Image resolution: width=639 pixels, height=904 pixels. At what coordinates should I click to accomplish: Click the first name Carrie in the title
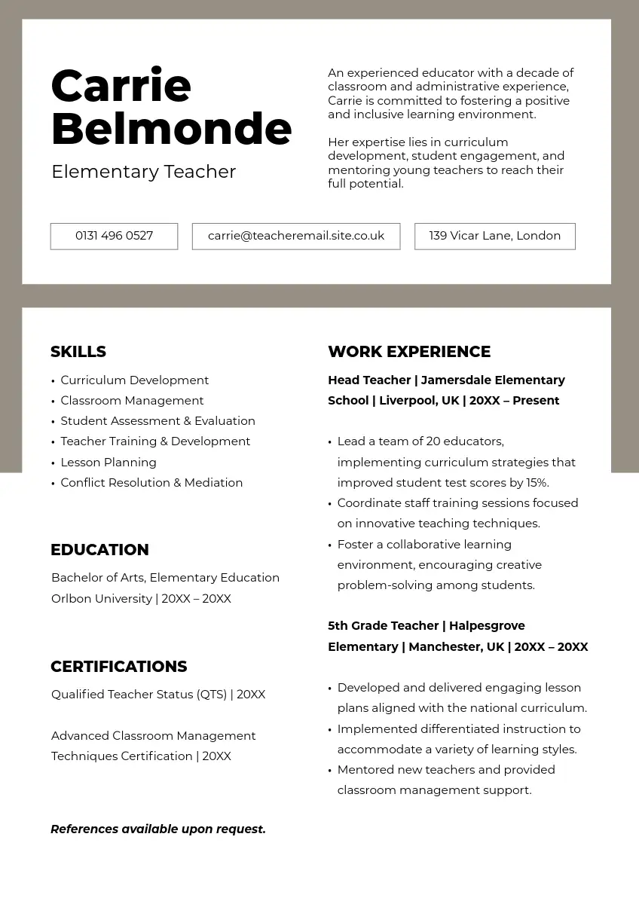pyautogui.click(x=121, y=86)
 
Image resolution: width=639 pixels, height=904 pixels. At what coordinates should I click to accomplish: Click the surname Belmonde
pyautogui.click(x=171, y=129)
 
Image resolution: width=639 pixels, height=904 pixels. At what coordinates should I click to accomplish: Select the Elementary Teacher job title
pyautogui.click(x=143, y=172)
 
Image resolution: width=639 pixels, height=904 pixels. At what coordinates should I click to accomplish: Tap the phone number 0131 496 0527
pyautogui.click(x=114, y=236)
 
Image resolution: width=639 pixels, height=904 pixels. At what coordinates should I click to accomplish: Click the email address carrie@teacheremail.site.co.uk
pyautogui.click(x=296, y=236)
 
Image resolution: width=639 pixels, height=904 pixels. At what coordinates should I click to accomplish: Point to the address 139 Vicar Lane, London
pyautogui.click(x=494, y=236)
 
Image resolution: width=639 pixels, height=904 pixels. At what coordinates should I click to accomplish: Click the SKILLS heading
pyautogui.click(x=78, y=352)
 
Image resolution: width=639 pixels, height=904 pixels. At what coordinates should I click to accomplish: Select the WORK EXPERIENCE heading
pyautogui.click(x=409, y=352)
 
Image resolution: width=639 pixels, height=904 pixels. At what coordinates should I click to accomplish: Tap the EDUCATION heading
pyautogui.click(x=99, y=550)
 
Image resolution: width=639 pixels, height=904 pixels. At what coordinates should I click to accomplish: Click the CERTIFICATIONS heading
pyautogui.click(x=118, y=667)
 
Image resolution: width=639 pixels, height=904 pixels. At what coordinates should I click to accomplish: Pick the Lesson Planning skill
pyautogui.click(x=109, y=463)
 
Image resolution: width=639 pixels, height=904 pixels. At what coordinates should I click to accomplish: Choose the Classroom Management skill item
pyautogui.click(x=132, y=401)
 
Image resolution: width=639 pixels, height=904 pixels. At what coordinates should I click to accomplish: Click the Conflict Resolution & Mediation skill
pyautogui.click(x=151, y=483)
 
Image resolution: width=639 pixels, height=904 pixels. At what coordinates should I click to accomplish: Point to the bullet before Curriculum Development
pyautogui.click(x=53, y=381)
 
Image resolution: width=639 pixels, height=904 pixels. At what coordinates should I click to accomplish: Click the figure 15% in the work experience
pyautogui.click(x=537, y=483)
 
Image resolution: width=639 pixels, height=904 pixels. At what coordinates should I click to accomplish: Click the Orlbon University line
pyautogui.click(x=141, y=599)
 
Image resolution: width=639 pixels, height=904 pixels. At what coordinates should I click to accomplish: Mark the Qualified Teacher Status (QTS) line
pyautogui.click(x=158, y=695)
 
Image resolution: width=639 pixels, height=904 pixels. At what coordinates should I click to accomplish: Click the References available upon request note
pyautogui.click(x=158, y=829)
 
